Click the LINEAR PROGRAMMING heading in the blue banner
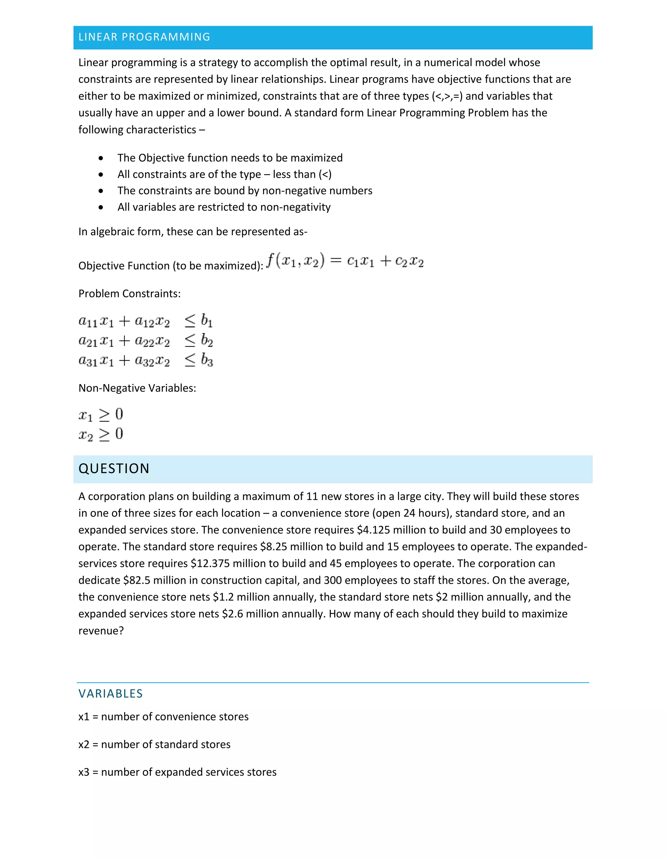click(144, 37)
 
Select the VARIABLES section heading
click(111, 693)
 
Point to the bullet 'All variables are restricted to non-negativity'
click(224, 207)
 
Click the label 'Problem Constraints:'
click(129, 293)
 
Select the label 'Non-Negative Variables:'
click(137, 388)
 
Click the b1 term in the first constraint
click(207, 320)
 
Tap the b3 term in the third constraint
click(207, 360)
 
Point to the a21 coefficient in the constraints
click(87, 341)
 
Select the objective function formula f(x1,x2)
click(345, 261)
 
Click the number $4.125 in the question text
click(373, 530)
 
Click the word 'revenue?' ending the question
click(101, 631)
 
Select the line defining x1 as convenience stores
click(163, 716)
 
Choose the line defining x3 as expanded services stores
click(177, 772)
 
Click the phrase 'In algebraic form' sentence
click(193, 231)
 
